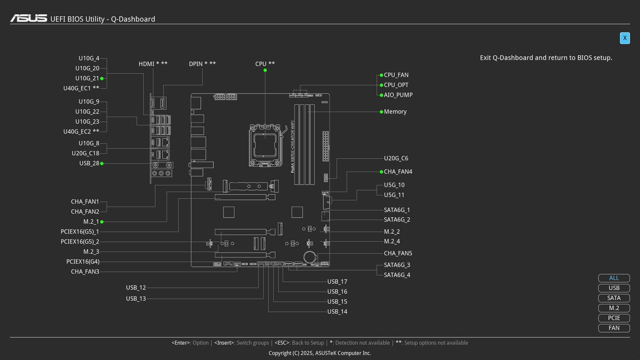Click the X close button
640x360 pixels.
point(624,38)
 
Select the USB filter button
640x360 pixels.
point(613,288)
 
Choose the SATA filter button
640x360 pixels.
point(613,298)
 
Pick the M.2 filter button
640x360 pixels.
point(613,308)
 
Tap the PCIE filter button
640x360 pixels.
point(613,318)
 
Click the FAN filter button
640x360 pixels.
point(613,328)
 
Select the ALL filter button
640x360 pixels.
point(613,278)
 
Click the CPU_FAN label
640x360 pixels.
point(396,75)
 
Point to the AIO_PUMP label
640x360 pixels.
point(398,95)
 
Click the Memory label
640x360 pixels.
point(395,111)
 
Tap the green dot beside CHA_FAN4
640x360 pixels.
point(381,171)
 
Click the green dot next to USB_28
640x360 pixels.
point(102,163)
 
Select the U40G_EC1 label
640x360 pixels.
point(81,88)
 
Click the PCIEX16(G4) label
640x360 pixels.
point(82,261)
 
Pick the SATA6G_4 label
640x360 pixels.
point(397,275)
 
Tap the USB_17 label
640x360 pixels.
point(337,281)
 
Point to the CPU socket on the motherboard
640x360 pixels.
point(264,144)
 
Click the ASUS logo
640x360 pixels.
point(28,18)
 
